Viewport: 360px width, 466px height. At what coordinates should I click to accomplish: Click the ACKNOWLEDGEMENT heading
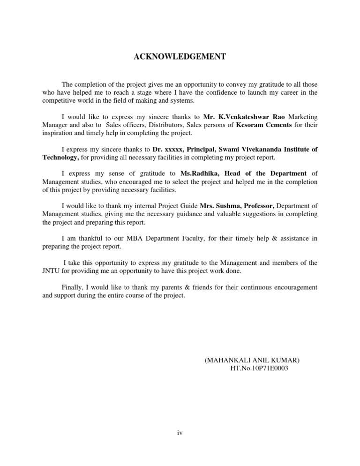coord(180,57)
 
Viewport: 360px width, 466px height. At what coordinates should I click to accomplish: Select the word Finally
coord(73,287)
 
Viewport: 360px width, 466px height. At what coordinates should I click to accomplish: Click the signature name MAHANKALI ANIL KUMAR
coord(252,360)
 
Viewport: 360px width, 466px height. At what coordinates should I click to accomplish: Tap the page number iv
coord(180,433)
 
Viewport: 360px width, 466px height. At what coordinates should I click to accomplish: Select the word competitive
coord(60,100)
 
